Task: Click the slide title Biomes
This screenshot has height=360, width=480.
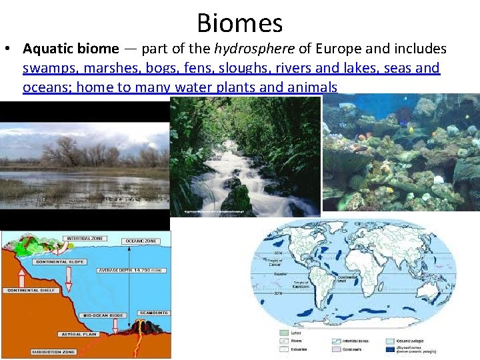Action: point(240,23)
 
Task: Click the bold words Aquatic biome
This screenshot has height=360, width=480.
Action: point(71,49)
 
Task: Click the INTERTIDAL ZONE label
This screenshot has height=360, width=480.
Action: point(85,238)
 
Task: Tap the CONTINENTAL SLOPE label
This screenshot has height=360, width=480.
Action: point(67,262)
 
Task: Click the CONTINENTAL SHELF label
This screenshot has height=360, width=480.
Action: point(30,291)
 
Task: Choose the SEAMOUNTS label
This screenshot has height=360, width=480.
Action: point(154,312)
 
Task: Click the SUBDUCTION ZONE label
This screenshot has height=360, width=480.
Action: point(56,351)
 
